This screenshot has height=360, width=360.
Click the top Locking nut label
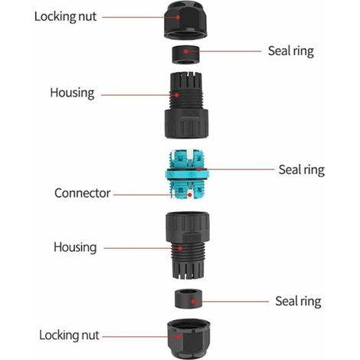[x=65, y=17]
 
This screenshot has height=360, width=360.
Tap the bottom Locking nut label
[x=69, y=335]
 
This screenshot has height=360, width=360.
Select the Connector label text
[x=82, y=193]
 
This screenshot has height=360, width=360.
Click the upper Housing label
[x=72, y=93]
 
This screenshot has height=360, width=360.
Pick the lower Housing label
[x=75, y=247]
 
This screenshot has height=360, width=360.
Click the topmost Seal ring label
[x=291, y=51]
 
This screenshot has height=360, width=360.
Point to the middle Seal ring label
[x=302, y=170]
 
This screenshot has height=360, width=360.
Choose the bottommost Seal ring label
[x=298, y=301]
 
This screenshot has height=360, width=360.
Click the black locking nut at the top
[x=185, y=20]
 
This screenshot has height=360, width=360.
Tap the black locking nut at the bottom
[x=189, y=338]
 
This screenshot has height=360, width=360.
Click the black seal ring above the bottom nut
[x=188, y=299]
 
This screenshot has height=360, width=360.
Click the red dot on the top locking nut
[x=178, y=17]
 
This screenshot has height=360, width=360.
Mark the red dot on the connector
[x=190, y=195]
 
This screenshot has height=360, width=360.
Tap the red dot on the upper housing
[x=176, y=95]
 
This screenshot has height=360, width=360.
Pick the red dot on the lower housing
[x=180, y=248]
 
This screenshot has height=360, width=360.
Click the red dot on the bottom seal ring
[x=193, y=302]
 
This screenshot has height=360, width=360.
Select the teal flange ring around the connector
[x=187, y=175]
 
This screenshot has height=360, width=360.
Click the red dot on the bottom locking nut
[x=178, y=336]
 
